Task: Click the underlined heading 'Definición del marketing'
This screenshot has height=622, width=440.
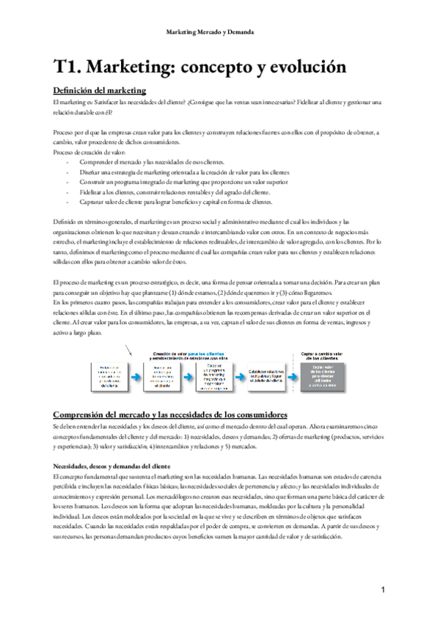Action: [x=100, y=91]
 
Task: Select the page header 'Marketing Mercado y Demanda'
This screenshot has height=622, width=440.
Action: [x=220, y=33]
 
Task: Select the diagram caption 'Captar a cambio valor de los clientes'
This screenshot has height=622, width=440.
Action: [x=323, y=356]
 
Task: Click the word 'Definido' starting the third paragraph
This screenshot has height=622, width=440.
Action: [x=65, y=222]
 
